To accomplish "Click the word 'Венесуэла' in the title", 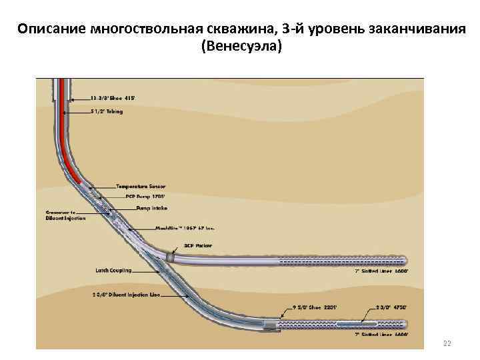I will tap(241, 47).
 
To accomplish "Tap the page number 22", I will tap(447, 343).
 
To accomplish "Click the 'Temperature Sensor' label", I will tap(141, 186).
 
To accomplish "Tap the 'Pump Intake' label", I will tap(151, 207).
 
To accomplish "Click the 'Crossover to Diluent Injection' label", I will tap(65, 215).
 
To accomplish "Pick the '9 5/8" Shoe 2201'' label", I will tap(314, 307).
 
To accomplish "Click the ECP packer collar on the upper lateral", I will tap(171, 256).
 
